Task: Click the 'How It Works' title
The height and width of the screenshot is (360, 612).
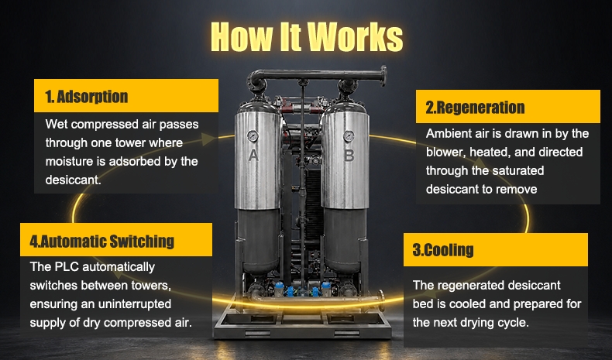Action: point(307,36)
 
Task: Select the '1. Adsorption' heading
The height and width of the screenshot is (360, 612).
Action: point(87,97)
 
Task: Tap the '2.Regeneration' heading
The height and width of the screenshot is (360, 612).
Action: point(475,108)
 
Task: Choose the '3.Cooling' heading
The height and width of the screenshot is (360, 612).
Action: point(443,250)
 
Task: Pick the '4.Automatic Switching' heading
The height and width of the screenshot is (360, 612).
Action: point(101,242)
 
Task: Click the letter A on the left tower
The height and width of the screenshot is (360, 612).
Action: point(253,156)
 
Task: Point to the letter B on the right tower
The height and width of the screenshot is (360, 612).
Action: point(349,156)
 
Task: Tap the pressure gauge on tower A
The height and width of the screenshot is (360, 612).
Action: point(253,136)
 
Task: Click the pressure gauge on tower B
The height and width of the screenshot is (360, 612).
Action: point(349,136)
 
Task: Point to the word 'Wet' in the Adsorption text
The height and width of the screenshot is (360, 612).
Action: point(57,124)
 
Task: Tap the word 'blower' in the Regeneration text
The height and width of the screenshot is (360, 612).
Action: point(445,152)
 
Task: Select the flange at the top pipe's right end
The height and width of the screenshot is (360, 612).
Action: point(383,76)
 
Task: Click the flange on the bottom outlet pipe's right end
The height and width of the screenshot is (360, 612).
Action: point(381,300)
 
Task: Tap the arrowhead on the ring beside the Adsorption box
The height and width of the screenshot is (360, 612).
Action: point(208,139)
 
